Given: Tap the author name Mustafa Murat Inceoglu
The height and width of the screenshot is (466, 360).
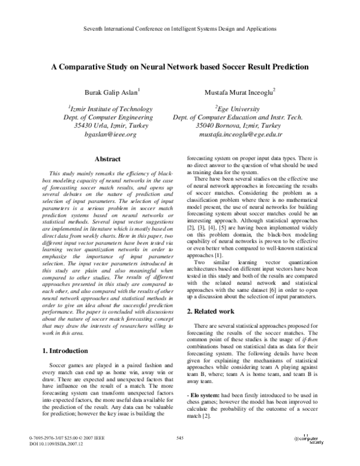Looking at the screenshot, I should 238,92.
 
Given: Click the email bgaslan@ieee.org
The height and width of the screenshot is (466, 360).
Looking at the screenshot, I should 110,135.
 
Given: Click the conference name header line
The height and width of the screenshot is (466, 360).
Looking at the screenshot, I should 179,28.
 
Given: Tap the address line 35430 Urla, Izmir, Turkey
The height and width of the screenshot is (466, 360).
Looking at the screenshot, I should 110,126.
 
